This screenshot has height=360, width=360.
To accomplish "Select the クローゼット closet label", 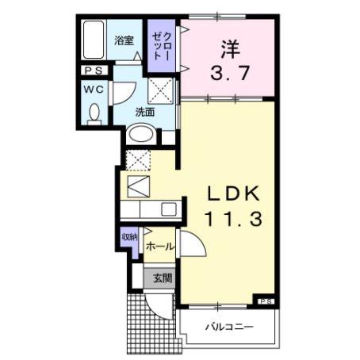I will coord(162,44).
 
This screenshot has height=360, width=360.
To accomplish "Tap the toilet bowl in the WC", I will coord(94,115).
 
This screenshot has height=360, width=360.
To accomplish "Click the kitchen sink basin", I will coord(168,209).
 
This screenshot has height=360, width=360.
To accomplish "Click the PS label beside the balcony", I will coord(266,301).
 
